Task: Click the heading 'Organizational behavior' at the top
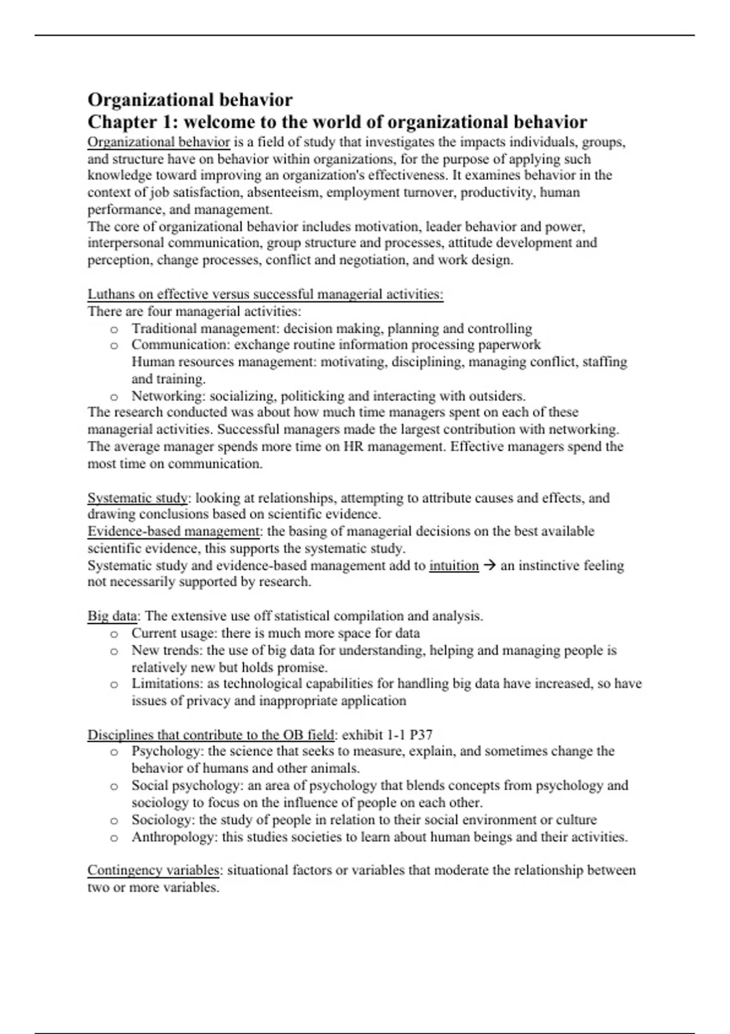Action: coord(190,100)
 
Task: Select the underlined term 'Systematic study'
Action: coord(137,498)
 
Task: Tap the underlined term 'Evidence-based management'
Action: coord(174,531)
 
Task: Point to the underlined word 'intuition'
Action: coord(454,566)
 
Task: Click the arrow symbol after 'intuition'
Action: coord(489,566)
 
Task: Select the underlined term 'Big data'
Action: coord(113,616)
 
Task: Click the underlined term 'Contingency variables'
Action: coord(154,870)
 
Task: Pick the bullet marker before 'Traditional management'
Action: coord(114,329)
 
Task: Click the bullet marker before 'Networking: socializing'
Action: coord(114,397)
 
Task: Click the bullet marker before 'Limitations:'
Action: coord(114,684)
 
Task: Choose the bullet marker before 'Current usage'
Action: coord(114,634)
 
